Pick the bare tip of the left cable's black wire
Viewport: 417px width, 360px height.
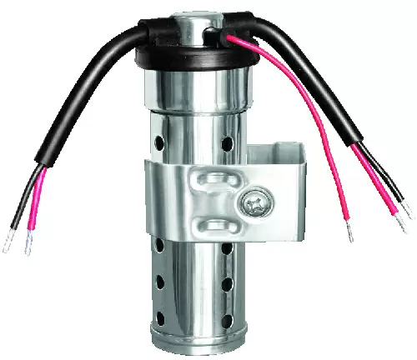point(8,247)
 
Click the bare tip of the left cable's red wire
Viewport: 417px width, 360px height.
point(28,247)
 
